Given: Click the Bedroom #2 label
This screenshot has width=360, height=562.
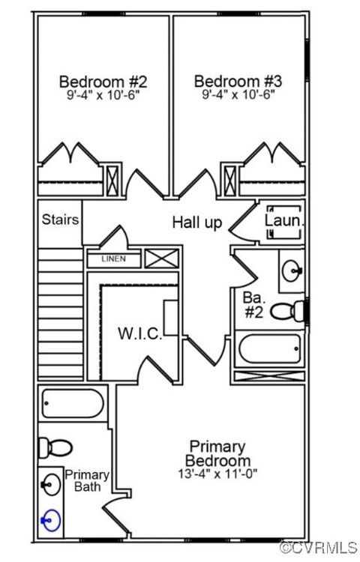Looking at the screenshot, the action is pyautogui.click(x=103, y=82).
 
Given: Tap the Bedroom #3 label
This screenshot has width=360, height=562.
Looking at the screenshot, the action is pyautogui.click(x=238, y=82).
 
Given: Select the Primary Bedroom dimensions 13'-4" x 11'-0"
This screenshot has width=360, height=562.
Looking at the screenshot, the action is pyautogui.click(x=218, y=474).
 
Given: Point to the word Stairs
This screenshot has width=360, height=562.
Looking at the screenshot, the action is pyautogui.click(x=60, y=220).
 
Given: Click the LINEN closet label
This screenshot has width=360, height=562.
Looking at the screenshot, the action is pyautogui.click(x=114, y=259).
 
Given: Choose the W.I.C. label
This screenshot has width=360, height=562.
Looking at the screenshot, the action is pyautogui.click(x=140, y=333).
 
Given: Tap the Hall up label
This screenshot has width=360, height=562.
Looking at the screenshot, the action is pyautogui.click(x=197, y=223).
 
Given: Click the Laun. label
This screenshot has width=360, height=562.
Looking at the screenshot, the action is pyautogui.click(x=284, y=220).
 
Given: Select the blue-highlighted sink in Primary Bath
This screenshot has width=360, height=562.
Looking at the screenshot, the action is pyautogui.click(x=50, y=520).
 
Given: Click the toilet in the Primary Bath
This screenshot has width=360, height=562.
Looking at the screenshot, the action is pyautogui.click(x=55, y=447).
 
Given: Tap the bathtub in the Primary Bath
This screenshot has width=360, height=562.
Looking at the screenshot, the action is pyautogui.click(x=73, y=404).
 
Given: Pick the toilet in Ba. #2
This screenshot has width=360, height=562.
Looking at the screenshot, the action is pyautogui.click(x=287, y=311).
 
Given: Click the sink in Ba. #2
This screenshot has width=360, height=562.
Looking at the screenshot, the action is pyautogui.click(x=292, y=271).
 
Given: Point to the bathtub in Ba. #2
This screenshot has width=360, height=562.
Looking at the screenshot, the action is pyautogui.click(x=270, y=348).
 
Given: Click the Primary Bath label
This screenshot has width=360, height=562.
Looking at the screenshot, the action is pyautogui.click(x=87, y=480).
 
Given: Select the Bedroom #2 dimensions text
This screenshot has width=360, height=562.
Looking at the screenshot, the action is pyautogui.click(x=103, y=95).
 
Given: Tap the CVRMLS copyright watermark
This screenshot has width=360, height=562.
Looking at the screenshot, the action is pyautogui.click(x=319, y=547).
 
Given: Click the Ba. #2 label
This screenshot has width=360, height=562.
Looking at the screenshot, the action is pyautogui.click(x=253, y=305).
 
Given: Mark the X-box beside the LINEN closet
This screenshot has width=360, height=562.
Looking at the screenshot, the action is pyautogui.click(x=162, y=259).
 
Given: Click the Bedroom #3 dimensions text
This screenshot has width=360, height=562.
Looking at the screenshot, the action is pyautogui.click(x=238, y=95).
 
